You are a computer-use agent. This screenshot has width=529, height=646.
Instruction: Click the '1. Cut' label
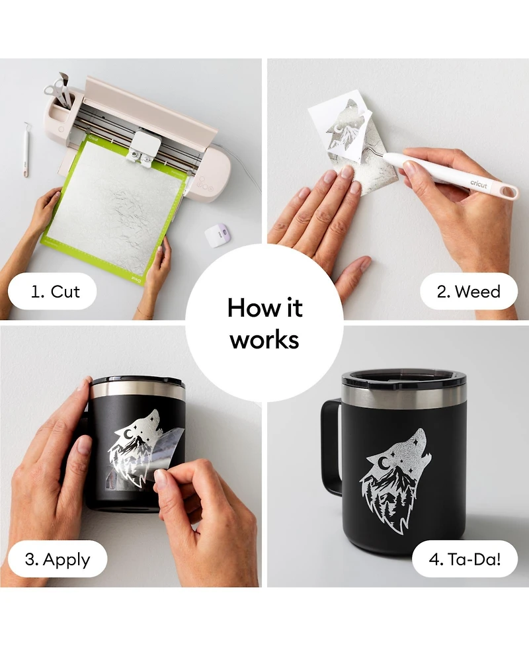55,292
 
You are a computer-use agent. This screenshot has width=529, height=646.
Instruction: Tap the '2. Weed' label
468,292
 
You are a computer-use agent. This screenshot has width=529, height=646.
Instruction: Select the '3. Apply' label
58,559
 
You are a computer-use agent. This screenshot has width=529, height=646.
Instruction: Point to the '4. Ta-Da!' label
465,559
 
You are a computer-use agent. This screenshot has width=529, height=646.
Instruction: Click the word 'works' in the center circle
264,340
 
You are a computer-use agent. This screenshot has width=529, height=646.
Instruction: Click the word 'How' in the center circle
246,307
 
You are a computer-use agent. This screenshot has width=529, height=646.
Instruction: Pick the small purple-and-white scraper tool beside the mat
217,235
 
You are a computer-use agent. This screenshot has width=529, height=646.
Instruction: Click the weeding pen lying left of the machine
26,149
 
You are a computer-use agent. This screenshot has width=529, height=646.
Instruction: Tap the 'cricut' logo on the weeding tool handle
479,184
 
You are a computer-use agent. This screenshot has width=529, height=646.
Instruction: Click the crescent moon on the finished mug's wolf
385,464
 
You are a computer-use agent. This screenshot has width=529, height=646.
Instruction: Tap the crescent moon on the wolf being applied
129,433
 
